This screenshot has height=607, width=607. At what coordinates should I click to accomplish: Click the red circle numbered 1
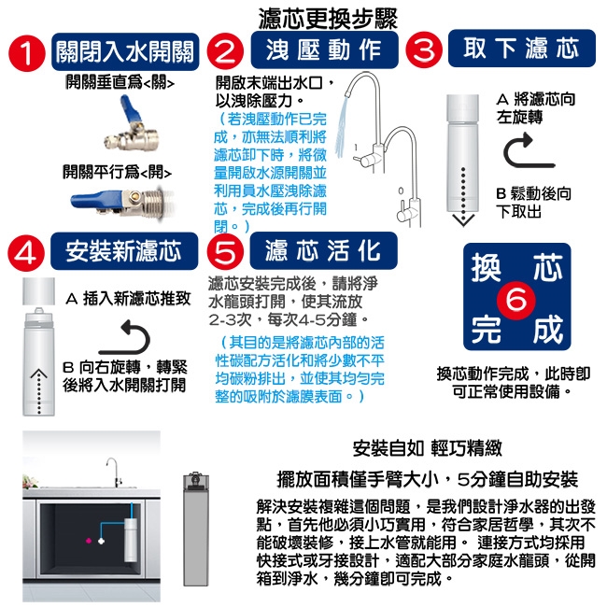pos(27,53)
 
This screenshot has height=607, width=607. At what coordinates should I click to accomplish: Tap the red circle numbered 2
pos(225,51)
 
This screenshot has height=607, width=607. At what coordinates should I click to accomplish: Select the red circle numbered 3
pos(424,49)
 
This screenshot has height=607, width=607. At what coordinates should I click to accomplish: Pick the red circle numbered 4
pos(26,253)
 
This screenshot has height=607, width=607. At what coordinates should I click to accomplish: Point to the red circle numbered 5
pos(225,251)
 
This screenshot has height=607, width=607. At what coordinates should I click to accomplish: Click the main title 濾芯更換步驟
pos(328,18)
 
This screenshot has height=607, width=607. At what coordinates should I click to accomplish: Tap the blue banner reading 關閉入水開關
pos(125,52)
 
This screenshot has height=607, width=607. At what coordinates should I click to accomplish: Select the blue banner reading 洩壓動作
pos(324,49)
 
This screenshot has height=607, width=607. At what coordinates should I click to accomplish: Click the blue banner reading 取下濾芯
pos(522,48)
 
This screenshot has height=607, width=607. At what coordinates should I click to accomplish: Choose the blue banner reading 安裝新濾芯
pos(124,251)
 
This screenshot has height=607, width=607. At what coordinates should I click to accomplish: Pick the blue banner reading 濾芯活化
pos(324,250)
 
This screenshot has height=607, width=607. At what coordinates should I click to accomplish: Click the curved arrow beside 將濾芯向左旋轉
pos(525,151)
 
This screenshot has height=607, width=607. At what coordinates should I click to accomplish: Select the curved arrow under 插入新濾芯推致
pos(127,337)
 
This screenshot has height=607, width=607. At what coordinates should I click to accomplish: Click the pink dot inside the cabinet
pos(89,541)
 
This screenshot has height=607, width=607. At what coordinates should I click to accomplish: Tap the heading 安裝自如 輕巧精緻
pos(428,448)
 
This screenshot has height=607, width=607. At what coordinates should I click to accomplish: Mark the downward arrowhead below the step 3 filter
pos(463,219)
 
